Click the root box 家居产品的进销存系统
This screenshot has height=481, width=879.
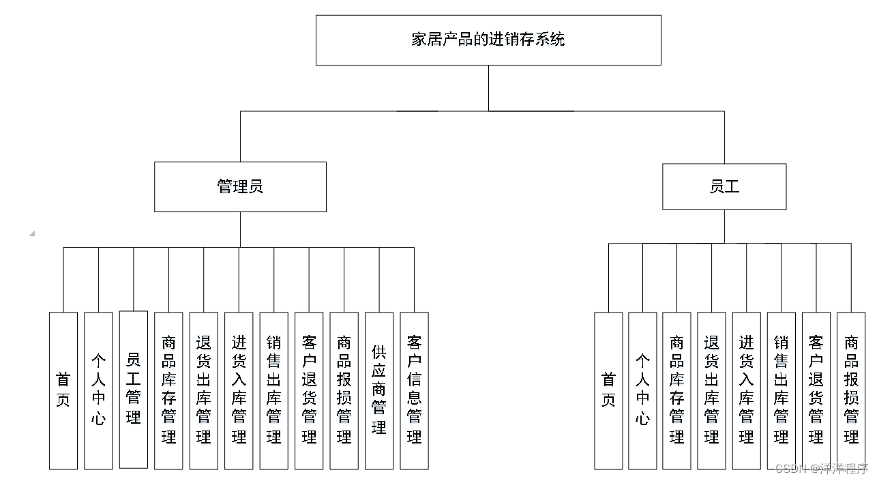[488, 40]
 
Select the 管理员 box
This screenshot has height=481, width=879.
[240, 186]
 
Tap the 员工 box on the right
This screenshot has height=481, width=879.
[724, 186]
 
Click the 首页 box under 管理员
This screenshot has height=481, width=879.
[63, 391]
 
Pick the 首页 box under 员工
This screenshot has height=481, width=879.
[608, 391]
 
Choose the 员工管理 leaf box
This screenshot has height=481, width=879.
[134, 390]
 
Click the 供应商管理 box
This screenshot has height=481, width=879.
[379, 391]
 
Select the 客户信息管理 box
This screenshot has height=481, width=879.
[414, 391]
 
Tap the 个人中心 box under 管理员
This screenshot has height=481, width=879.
[98, 391]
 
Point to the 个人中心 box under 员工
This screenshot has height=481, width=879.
[642, 391]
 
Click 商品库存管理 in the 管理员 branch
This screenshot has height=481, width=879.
[168, 391]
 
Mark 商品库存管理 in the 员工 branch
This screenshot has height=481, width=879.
[676, 391]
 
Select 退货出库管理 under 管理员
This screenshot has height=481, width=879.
[204, 391]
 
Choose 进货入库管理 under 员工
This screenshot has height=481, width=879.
[747, 391]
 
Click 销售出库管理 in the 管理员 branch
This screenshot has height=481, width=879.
[273, 391]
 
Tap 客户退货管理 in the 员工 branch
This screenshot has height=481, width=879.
[816, 391]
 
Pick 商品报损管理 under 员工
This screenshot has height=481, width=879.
[851, 391]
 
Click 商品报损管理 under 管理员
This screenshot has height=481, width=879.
[344, 391]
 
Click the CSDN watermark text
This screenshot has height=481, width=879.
[822, 469]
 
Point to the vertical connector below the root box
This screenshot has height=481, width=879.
[488, 88]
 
